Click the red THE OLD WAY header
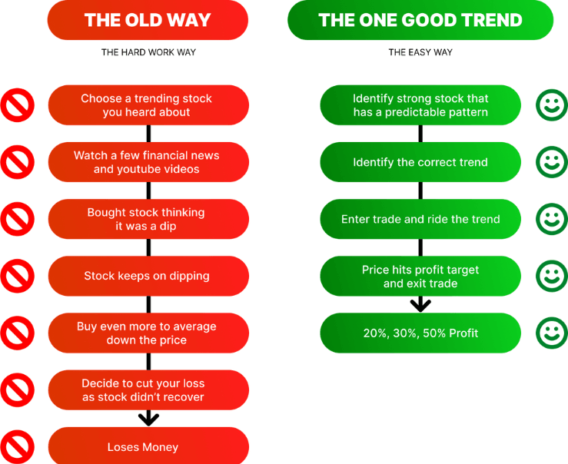[x=148, y=20]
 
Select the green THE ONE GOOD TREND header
[x=420, y=20]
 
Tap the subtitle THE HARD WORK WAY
[x=148, y=52]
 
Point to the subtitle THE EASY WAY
[x=420, y=52]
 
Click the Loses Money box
[x=148, y=446]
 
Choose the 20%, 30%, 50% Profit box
[x=420, y=333]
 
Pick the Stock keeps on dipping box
[x=148, y=276]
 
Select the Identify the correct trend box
[x=420, y=162]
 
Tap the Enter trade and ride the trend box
[x=420, y=219]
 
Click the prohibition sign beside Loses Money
[x=18, y=446]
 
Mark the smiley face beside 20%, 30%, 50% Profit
[x=552, y=333]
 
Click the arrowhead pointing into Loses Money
[x=148, y=419]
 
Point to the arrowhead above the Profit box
[x=420, y=306]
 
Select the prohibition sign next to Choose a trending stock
[x=18, y=105]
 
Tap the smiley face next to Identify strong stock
[x=552, y=105]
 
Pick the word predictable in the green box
[x=414, y=113]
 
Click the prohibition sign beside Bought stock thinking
[x=18, y=219]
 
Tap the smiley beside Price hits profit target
[x=552, y=276]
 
